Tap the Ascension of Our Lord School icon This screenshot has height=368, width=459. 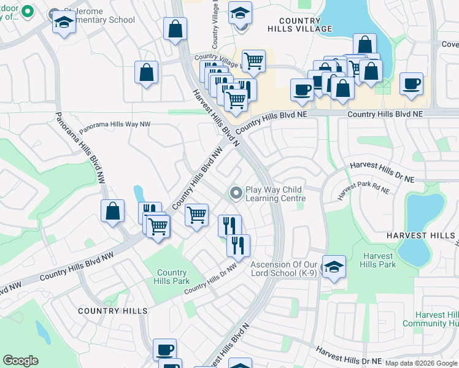333,267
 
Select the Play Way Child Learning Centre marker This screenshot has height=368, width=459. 235,193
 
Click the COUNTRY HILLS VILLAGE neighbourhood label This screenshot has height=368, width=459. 300,24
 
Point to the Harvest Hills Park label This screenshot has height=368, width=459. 379,260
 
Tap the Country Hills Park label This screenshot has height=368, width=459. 172,277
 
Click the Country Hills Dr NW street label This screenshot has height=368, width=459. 210,277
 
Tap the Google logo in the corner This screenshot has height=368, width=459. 20,361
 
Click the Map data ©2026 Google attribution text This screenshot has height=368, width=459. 421,363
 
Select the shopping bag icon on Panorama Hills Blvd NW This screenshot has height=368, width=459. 114,212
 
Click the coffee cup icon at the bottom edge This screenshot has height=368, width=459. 164,350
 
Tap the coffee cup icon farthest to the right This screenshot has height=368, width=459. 411,83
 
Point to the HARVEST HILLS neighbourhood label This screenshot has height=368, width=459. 420,236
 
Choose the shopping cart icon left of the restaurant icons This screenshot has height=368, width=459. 196,215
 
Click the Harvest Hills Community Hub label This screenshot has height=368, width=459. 430,319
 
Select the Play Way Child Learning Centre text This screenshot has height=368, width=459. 275,194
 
